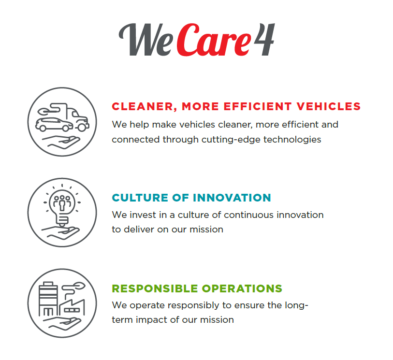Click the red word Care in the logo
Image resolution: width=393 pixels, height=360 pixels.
point(214,40)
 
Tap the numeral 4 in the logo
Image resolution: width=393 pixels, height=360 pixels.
point(264,39)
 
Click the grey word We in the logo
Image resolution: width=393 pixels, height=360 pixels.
point(146,40)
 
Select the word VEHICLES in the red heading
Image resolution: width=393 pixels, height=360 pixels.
point(329,106)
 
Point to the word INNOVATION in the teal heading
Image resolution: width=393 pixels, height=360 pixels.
point(232,198)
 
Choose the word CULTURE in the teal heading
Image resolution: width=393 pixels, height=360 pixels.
point(140,198)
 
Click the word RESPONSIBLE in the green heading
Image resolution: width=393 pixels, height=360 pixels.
point(155,288)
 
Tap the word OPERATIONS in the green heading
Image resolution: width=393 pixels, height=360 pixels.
point(242,288)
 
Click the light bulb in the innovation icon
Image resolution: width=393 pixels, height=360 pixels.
point(62,208)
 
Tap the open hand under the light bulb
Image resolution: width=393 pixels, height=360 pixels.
point(60,233)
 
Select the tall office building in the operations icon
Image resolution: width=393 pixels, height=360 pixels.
point(48,299)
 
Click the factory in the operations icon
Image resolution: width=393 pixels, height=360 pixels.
point(72,307)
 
